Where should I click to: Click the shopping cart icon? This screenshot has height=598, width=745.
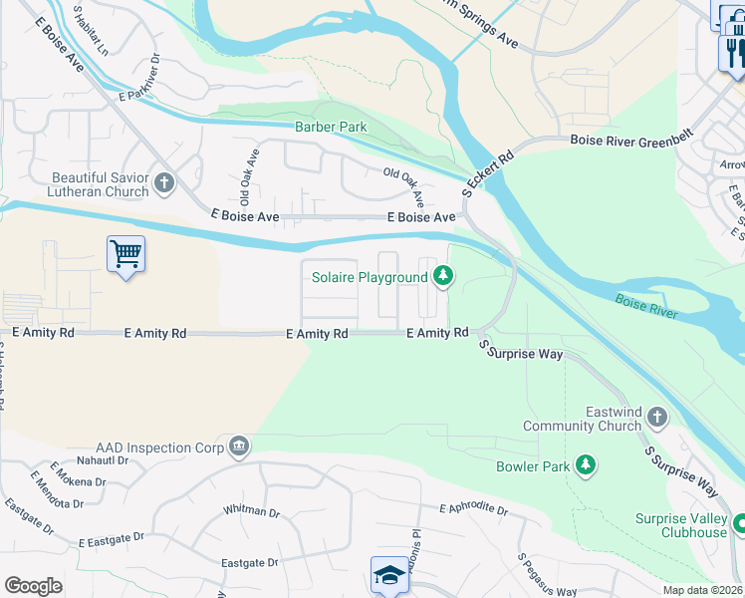[x=125, y=255]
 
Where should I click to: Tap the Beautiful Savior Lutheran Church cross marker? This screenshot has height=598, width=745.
[x=164, y=183]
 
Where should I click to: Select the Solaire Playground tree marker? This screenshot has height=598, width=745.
[x=441, y=277]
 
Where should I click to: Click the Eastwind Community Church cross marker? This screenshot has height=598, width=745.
[x=655, y=416]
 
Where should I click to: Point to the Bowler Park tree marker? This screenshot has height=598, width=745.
[x=587, y=465]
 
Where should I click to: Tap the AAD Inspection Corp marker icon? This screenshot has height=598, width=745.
[x=238, y=446]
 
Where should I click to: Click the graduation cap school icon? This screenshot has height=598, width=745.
[x=388, y=575]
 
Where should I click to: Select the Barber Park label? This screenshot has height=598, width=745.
[x=331, y=127]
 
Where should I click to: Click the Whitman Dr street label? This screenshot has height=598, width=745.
[x=252, y=511]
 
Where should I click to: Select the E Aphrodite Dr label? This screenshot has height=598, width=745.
[x=474, y=510]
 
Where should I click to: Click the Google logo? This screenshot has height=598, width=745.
[x=33, y=585]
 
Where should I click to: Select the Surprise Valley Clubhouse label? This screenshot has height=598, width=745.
[x=681, y=525]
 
